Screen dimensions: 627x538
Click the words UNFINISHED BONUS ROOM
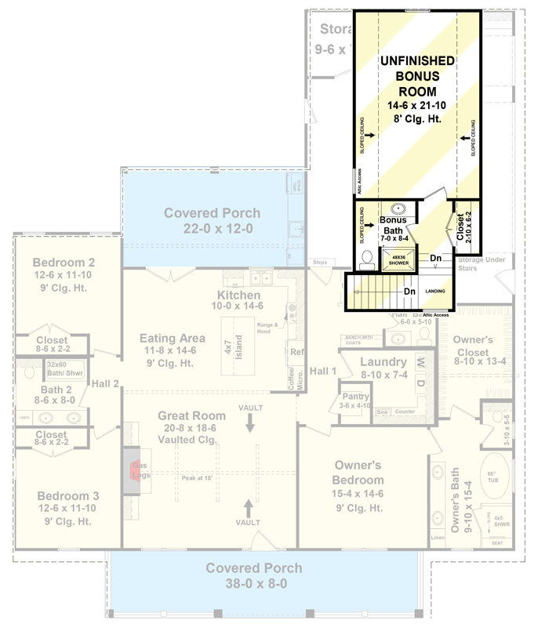pos(416,76)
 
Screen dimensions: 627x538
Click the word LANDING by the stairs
pos(435,291)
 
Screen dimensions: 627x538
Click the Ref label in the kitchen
pos(296,352)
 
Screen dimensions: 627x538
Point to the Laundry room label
pos(384,362)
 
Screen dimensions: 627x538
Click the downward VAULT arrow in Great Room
pos(250,423)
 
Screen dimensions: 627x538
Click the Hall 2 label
pos(104,383)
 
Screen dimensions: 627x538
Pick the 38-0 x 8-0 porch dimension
pos(253,584)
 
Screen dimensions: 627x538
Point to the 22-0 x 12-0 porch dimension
pos(212,228)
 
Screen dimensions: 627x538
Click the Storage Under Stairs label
pos(482,264)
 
